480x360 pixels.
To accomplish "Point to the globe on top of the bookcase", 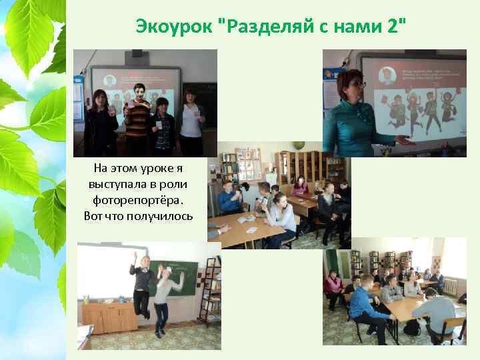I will click(x=301, y=145).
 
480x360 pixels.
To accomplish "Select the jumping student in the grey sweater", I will click(x=164, y=297).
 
